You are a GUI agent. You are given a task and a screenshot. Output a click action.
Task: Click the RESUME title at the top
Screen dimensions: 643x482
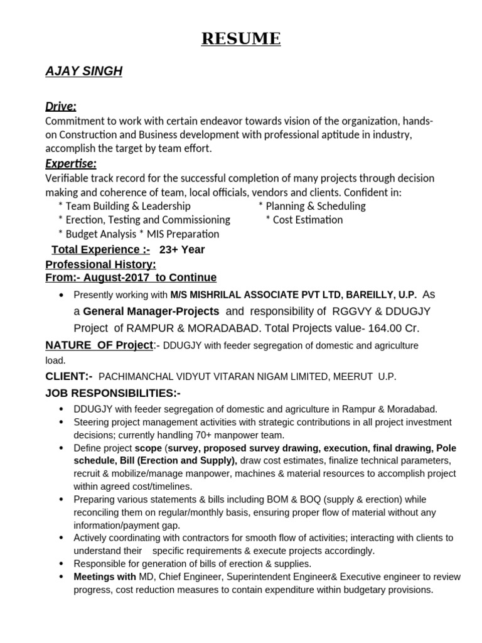241,39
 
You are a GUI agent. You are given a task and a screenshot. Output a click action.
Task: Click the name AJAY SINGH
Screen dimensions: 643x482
83,72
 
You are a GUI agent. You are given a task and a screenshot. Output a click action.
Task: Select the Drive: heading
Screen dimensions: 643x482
61,107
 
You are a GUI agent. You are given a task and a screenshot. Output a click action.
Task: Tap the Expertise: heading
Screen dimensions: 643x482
71,164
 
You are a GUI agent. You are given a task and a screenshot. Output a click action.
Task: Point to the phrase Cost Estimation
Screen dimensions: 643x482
308,220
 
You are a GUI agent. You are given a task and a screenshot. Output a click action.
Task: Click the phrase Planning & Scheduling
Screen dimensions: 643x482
316,206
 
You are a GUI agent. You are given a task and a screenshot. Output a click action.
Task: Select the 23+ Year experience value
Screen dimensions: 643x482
182,249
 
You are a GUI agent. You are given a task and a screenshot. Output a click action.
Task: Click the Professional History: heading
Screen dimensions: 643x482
100,264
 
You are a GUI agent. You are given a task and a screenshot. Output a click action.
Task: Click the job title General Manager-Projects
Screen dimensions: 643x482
151,311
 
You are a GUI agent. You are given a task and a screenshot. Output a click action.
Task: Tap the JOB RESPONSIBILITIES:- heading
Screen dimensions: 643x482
113,393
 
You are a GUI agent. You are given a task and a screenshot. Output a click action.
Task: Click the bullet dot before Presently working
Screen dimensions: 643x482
60,295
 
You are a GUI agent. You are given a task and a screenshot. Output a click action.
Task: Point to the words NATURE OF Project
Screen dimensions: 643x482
99,345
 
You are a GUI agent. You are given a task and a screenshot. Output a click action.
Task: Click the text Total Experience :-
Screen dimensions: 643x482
101,249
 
